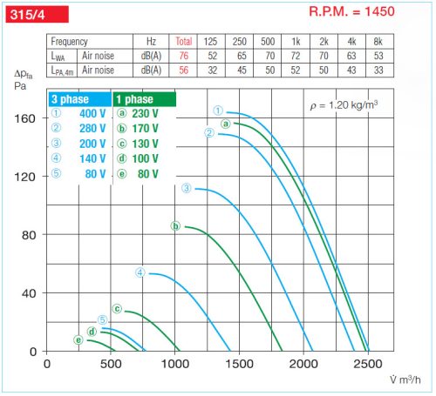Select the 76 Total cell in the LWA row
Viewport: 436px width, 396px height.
pos(183,56)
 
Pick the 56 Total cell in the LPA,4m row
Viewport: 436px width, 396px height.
pos(183,70)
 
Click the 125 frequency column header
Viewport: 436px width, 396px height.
pos(210,42)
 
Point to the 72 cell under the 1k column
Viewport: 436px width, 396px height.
pos(296,56)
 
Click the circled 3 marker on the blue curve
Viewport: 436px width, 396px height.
pos(186,189)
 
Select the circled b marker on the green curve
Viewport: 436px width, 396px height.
pos(175,226)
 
